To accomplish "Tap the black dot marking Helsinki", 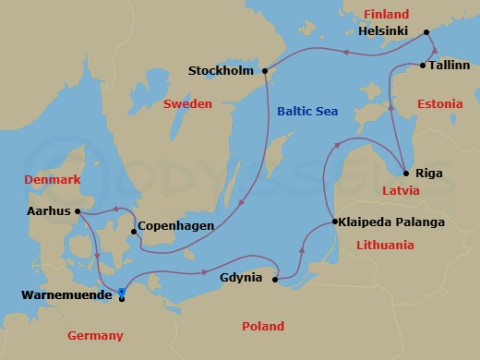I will tap(427, 33).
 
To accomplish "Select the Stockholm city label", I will tap(221, 70).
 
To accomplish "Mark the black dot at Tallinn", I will tap(422, 66).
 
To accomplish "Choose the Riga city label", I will tap(428, 172).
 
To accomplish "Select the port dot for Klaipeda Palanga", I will tap(332, 222).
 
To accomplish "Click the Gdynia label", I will tap(244, 278).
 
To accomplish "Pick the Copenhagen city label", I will tap(179, 226).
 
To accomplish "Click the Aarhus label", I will tap(49, 211).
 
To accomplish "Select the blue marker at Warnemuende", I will tap(122, 294).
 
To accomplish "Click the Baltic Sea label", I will tap(307, 112).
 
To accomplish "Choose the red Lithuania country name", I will tap(383, 245).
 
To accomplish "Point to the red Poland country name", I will tap(262, 326).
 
